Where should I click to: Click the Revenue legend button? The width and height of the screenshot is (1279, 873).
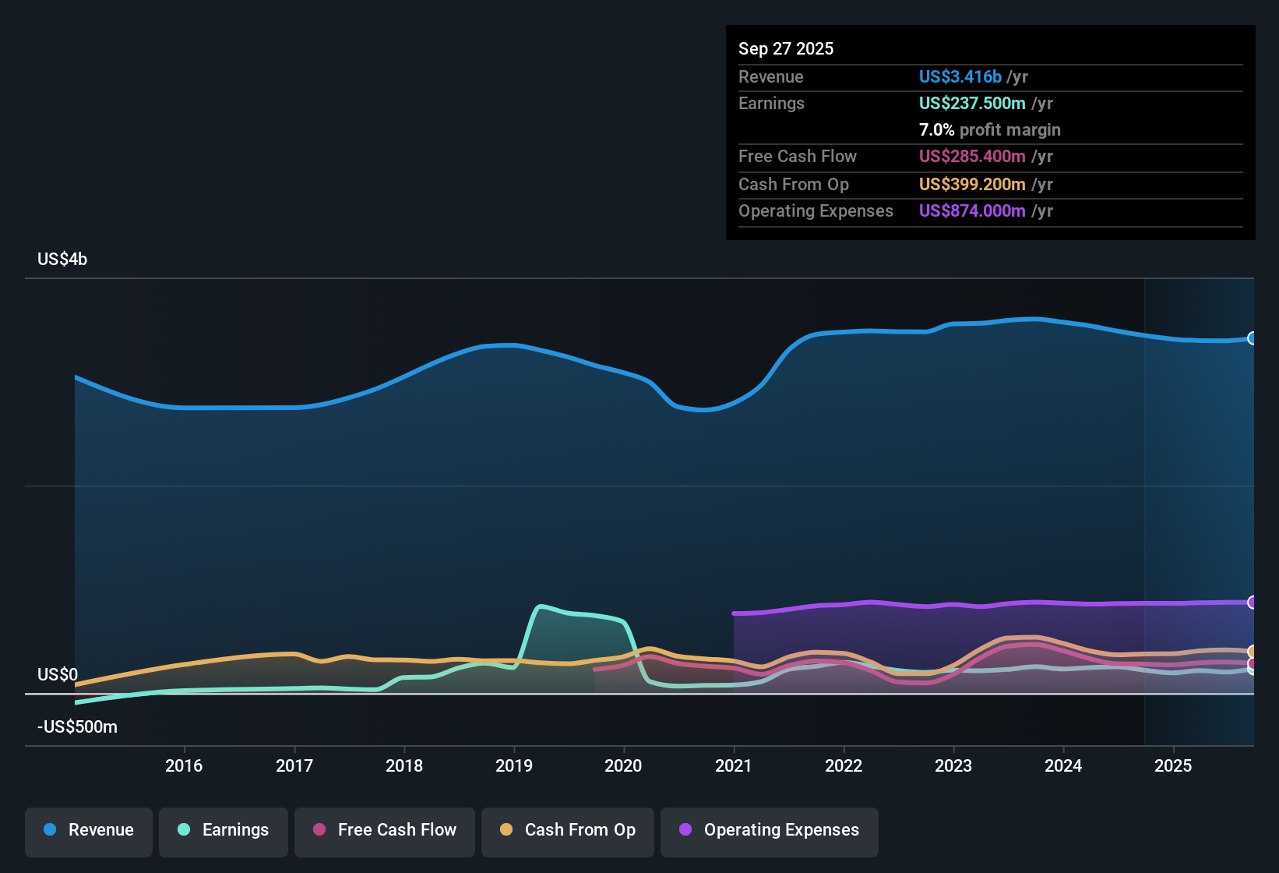coord(89,830)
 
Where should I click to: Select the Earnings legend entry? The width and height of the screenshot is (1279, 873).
coord(224,830)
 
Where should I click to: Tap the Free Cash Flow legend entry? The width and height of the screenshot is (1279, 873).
coord(385,830)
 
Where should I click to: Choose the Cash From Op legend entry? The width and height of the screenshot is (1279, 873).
coord(568,830)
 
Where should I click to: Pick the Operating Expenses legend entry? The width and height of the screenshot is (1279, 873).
coord(770,830)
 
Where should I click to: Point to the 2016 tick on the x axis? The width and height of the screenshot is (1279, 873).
coord(184,765)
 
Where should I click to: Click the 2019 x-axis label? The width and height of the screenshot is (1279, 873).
coord(514,765)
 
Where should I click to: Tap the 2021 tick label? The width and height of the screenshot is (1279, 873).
coord(734,765)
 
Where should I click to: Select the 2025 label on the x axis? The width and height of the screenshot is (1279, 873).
coord(1173,765)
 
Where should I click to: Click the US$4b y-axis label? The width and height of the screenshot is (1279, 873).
coord(62,260)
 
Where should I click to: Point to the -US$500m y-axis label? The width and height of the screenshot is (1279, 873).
coord(77,727)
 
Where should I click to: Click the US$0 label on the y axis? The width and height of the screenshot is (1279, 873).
coord(58,675)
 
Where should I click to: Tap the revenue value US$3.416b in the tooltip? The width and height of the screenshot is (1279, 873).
coord(960,77)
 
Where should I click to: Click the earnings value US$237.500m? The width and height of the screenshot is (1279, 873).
coord(971,104)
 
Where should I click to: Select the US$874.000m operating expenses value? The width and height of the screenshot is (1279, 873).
coord(971,211)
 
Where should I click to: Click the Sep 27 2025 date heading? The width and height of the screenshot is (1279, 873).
coord(785,49)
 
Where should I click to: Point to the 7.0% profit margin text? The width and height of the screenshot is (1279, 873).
coord(989,130)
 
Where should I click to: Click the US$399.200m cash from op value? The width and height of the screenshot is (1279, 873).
coord(971,185)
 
